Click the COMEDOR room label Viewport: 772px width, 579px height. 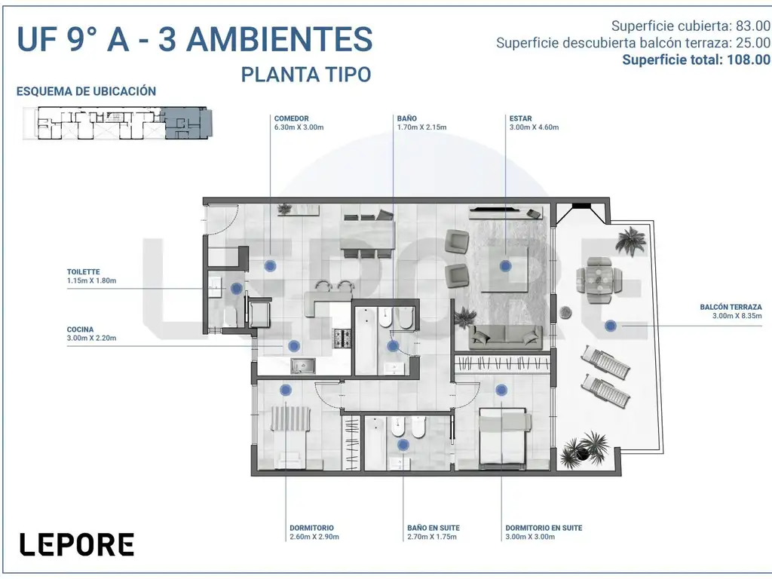point(291,118)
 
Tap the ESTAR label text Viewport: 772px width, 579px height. point(520,118)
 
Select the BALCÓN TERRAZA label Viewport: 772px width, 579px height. point(731,308)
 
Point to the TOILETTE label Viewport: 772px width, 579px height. point(83,272)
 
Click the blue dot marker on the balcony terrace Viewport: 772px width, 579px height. point(611,326)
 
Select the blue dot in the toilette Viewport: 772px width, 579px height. point(237,287)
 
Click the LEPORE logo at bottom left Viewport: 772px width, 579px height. point(76,544)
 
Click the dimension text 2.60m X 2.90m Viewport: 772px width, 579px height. point(314,537)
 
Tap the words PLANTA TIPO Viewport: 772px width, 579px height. point(305,75)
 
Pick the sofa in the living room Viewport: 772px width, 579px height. point(506,338)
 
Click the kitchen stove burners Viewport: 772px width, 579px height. point(342,339)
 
